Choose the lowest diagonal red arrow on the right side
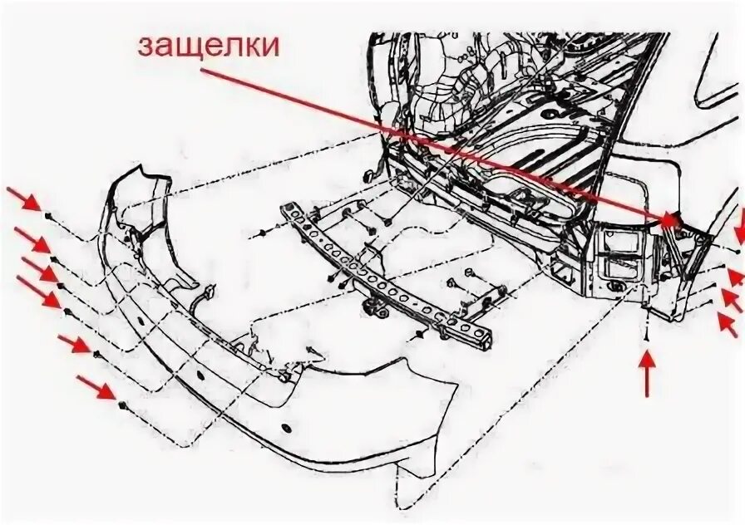pyautogui.click(x=729, y=321)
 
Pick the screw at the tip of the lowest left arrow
pyautogui.click(x=123, y=406)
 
